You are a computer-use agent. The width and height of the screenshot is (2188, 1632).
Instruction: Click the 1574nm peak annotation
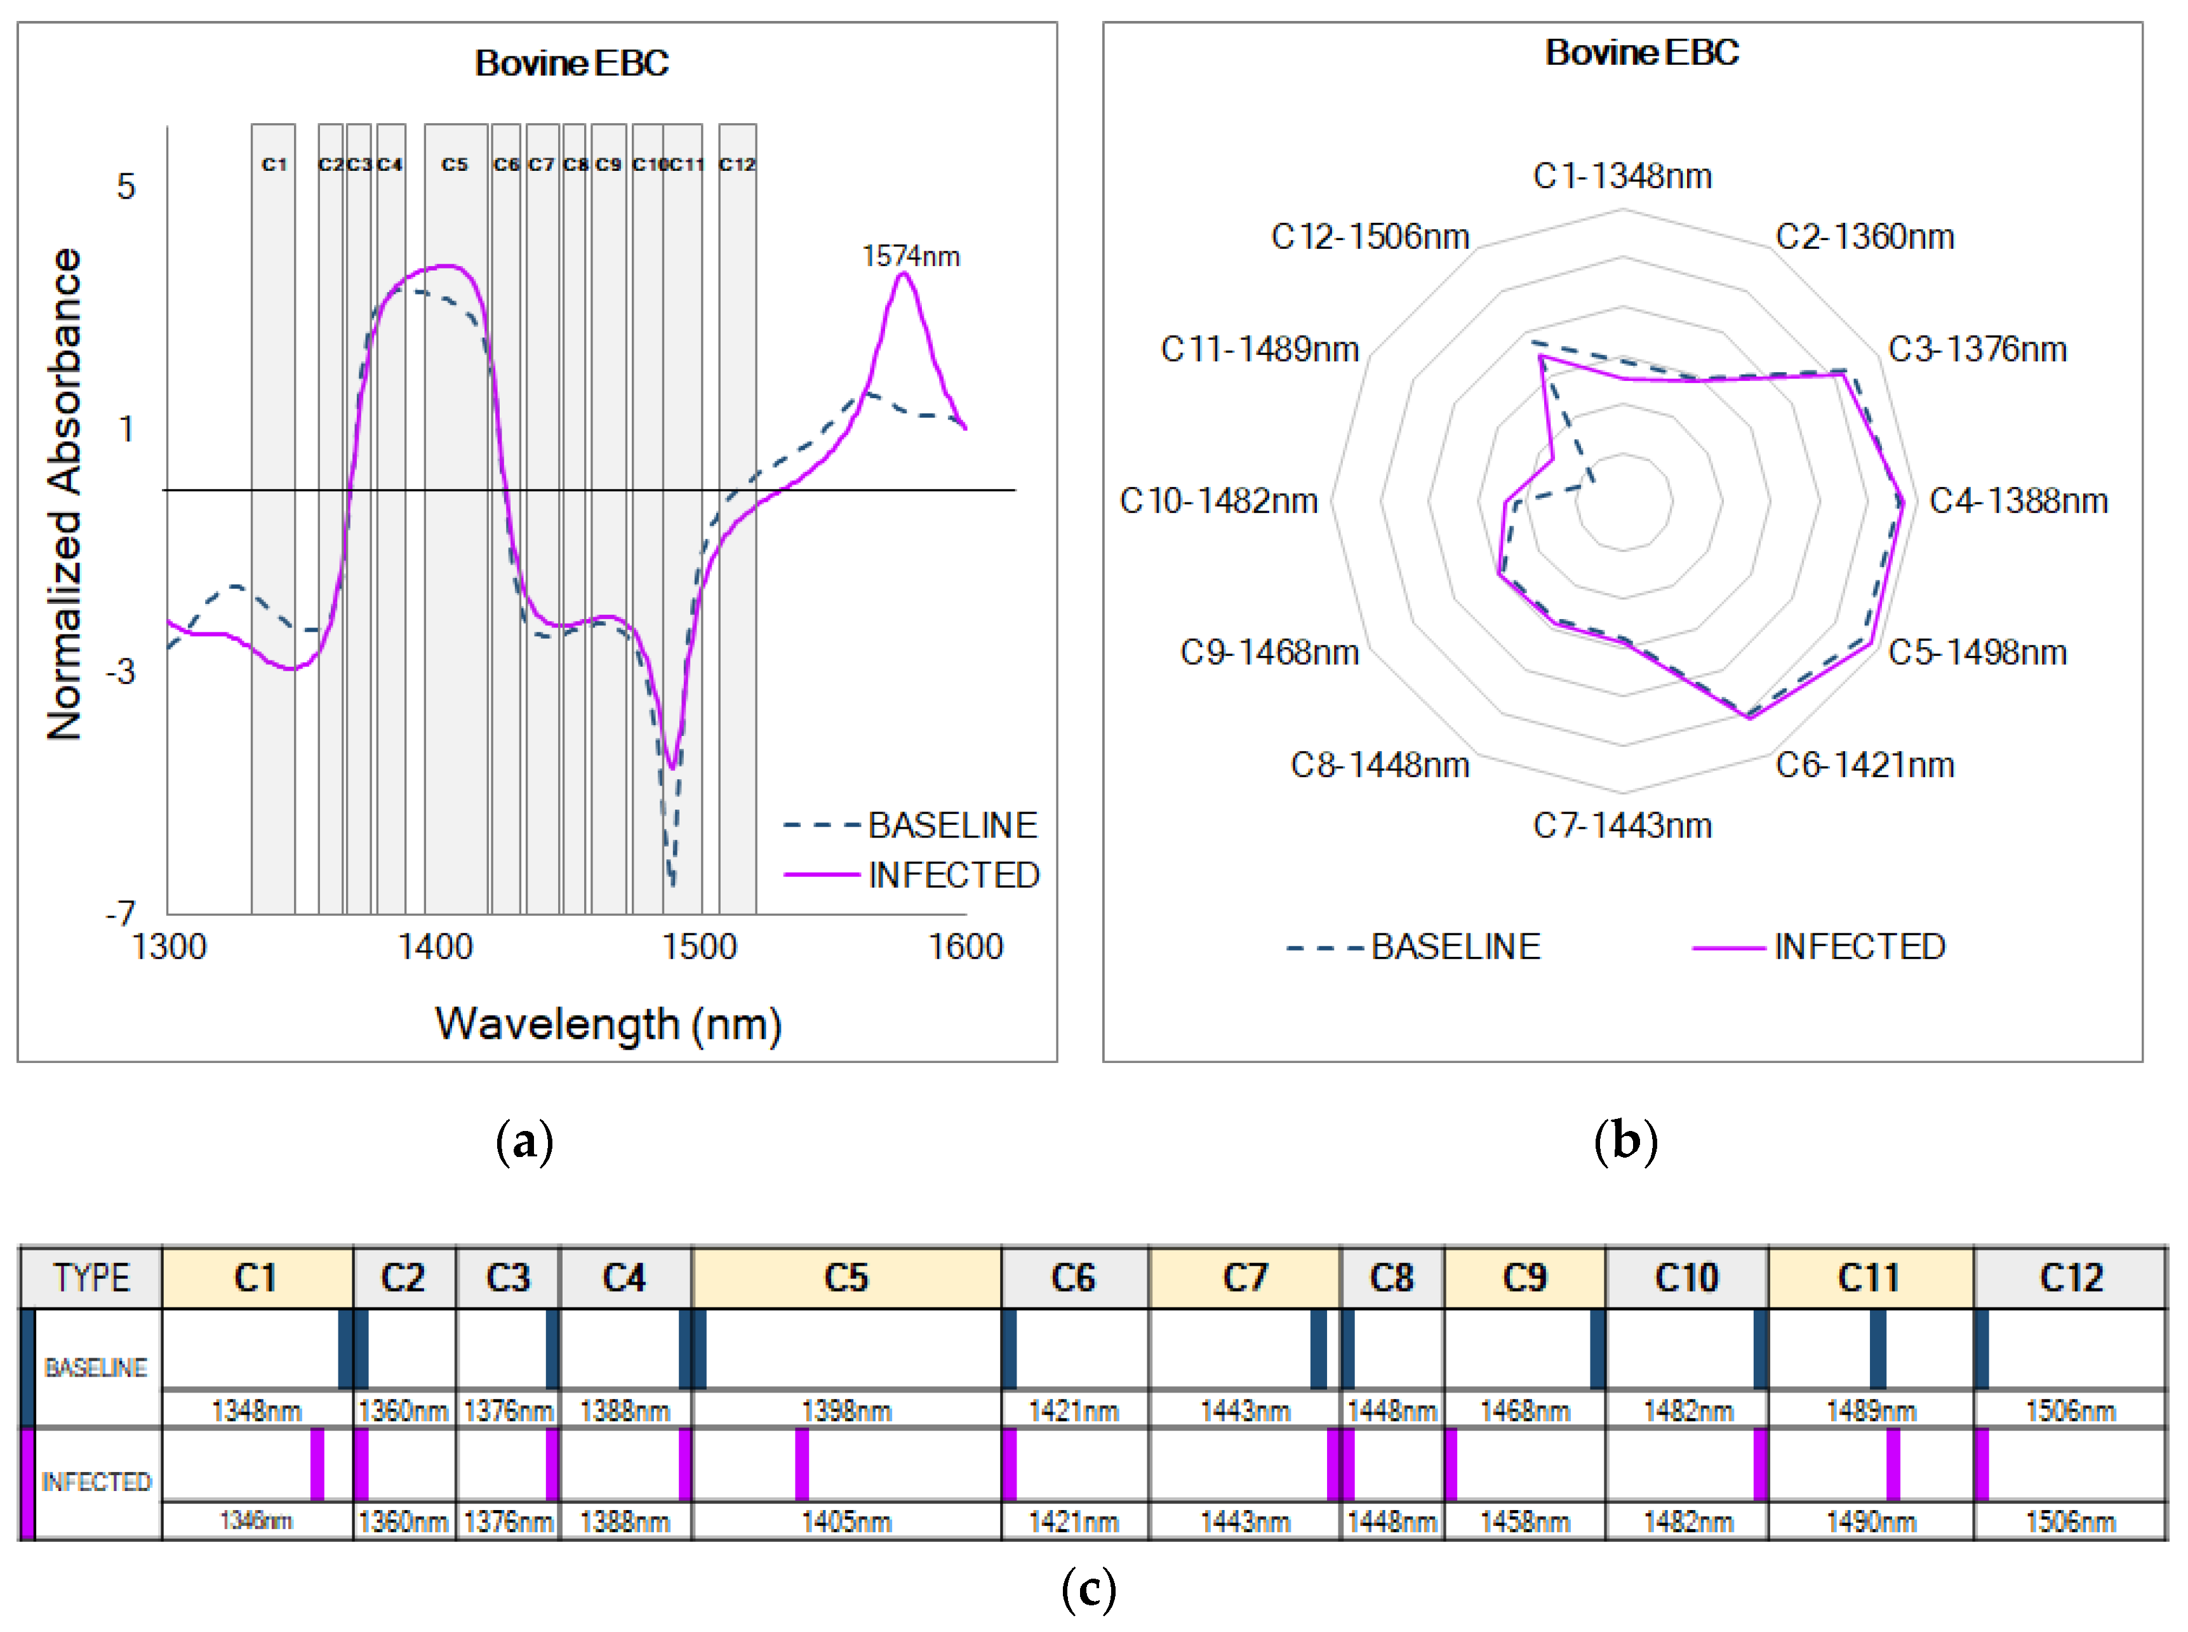[910, 257]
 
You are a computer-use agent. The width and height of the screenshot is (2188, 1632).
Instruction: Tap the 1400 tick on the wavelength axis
[435, 946]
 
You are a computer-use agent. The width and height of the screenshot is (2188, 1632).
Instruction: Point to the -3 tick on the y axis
[121, 672]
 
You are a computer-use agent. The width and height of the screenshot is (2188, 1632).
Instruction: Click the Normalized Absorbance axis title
[64, 494]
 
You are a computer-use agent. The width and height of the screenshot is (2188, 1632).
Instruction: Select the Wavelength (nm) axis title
[608, 1024]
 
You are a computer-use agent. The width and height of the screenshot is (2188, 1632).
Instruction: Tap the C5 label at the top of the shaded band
[455, 164]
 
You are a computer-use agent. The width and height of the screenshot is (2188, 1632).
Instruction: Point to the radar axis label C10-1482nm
[1218, 501]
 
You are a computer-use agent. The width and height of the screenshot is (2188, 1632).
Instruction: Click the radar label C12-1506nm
[1370, 237]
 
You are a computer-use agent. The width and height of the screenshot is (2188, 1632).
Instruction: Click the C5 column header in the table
[846, 1278]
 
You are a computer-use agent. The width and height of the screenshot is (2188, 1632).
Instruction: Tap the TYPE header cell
[91, 1278]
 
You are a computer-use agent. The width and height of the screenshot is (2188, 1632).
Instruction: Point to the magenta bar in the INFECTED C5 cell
[802, 1464]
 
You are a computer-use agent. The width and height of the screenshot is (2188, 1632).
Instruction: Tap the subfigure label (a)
[524, 1142]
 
